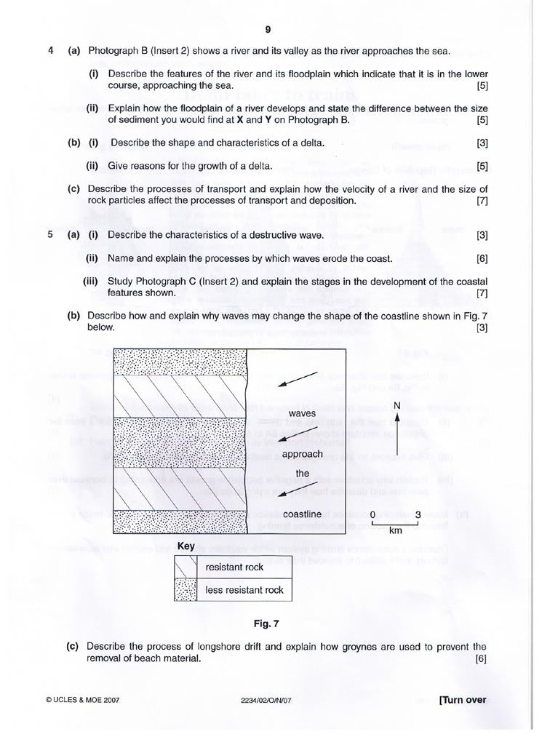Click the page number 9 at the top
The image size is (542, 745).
[268, 29]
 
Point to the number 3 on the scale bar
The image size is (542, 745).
[418, 515]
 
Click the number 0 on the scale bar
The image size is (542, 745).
[372, 515]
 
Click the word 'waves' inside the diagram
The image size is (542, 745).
[302, 413]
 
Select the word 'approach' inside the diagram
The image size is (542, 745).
[303, 453]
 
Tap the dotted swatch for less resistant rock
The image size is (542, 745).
[186, 589]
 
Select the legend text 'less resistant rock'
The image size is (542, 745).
[244, 590]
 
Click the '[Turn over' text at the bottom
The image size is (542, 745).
[462, 701]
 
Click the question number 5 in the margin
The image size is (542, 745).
[49, 235]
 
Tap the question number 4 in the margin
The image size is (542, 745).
[49, 51]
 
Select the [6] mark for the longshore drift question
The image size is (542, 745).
[480, 659]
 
